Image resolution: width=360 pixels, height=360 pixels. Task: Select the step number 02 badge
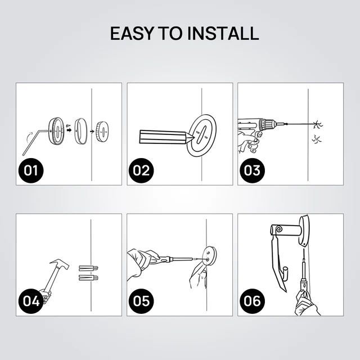[142, 170]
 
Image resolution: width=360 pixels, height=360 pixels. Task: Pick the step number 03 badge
[252, 170]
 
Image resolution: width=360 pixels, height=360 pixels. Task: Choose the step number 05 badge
[142, 300]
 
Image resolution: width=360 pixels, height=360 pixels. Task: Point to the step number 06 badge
[252, 300]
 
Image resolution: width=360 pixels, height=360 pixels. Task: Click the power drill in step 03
[253, 127]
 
